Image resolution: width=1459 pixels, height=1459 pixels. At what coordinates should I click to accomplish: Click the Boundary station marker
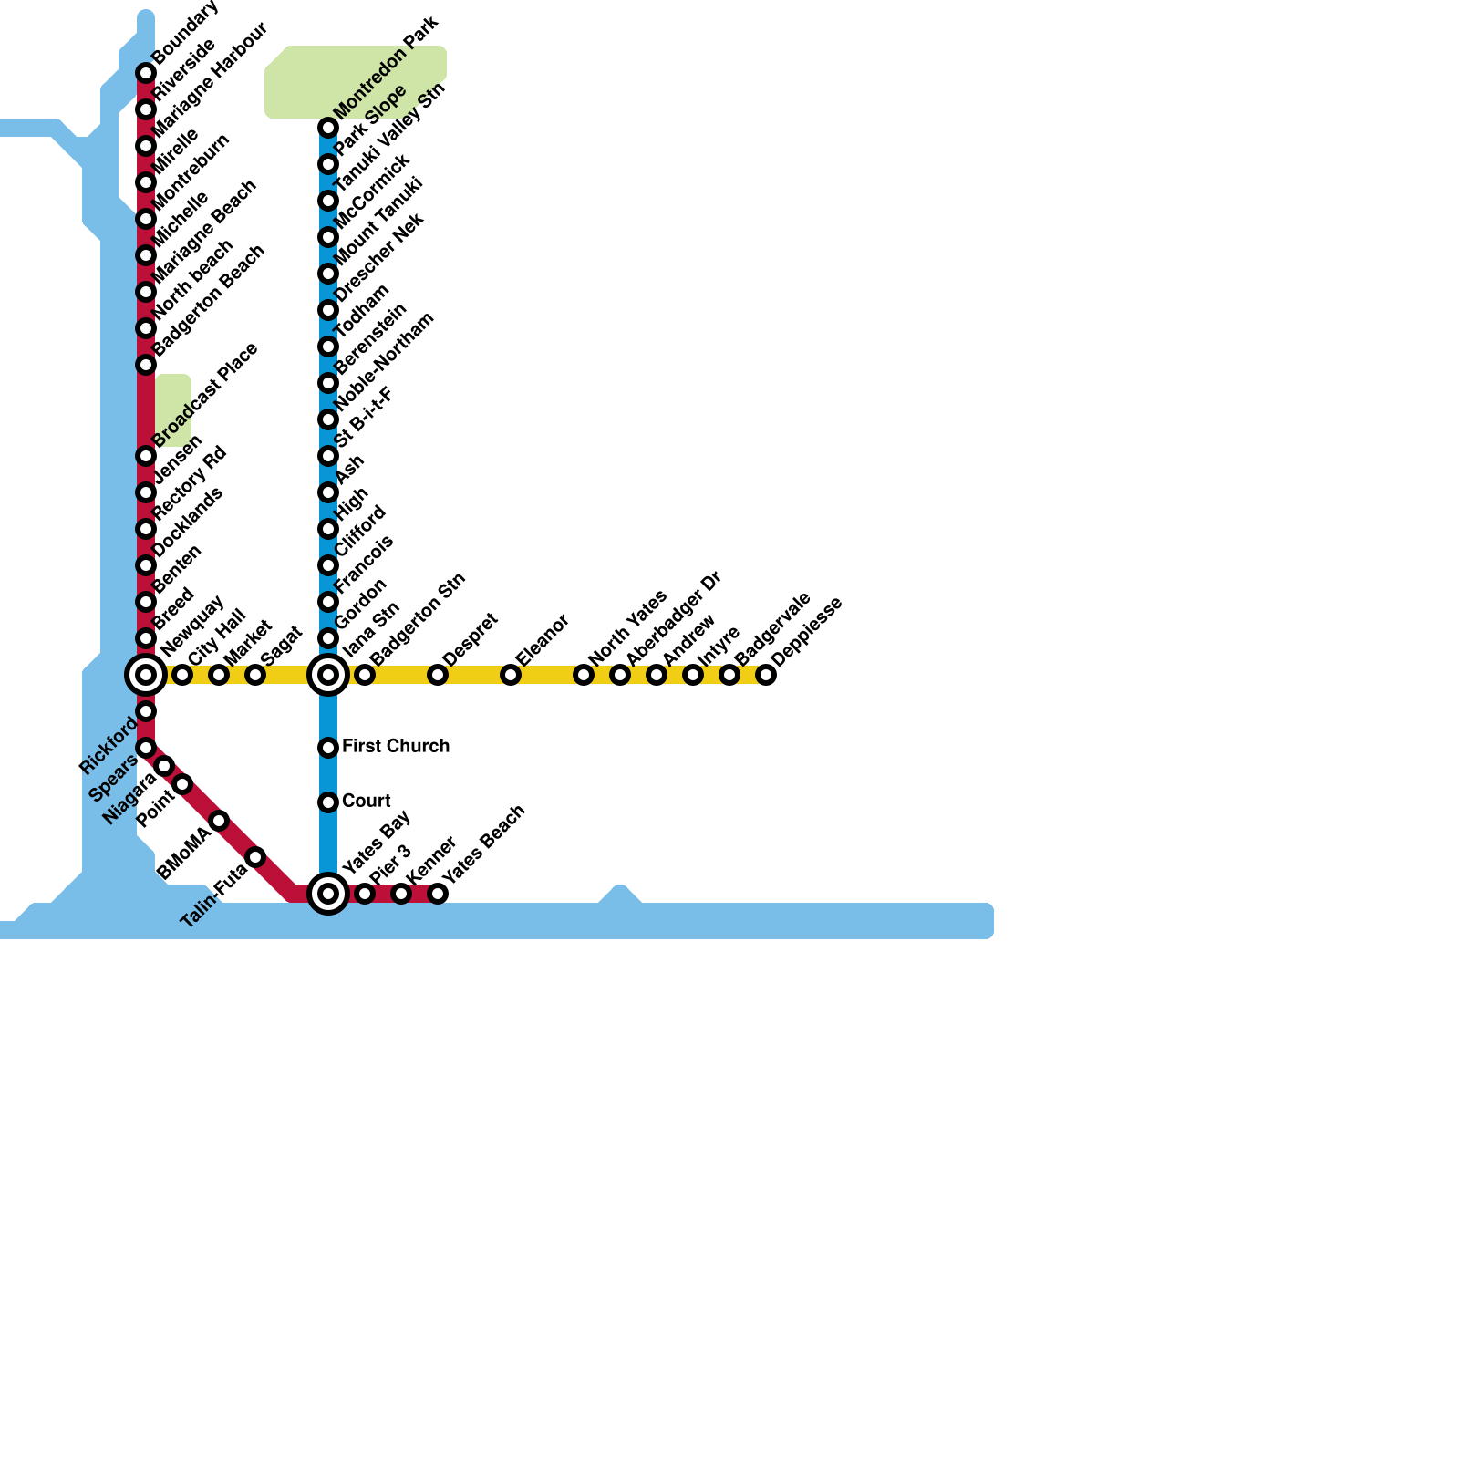tap(146, 73)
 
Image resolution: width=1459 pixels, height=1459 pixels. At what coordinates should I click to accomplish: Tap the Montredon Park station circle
tap(328, 128)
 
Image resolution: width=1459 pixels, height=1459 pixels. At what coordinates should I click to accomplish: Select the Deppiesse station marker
tap(766, 675)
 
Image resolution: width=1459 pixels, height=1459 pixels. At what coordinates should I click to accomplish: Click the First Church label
tap(395, 746)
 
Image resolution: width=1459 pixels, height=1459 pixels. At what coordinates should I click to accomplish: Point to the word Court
tap(366, 801)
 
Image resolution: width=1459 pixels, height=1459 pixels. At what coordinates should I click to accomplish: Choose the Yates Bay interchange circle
tap(328, 894)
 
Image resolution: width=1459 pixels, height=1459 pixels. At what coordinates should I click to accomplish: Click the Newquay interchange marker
tap(146, 675)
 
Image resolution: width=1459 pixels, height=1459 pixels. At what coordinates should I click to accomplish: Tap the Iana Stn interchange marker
tap(328, 675)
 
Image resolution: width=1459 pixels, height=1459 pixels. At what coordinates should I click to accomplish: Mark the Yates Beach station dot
tap(438, 894)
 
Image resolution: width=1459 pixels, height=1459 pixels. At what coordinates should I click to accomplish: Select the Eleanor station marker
tap(511, 675)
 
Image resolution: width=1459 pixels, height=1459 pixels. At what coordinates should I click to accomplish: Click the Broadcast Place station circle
tap(146, 456)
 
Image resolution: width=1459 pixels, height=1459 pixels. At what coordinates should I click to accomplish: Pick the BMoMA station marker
tap(219, 821)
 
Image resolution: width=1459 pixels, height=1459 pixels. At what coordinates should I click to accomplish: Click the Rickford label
tap(108, 746)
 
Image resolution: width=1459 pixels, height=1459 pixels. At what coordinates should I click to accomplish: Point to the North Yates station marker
tap(584, 675)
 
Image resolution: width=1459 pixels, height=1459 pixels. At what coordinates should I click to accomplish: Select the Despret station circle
tap(438, 675)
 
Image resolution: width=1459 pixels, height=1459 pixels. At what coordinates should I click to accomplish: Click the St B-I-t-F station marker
tap(328, 456)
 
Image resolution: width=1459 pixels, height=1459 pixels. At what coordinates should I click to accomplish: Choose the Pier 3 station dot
tap(365, 894)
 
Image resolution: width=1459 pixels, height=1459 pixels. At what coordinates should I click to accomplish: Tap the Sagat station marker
tap(255, 675)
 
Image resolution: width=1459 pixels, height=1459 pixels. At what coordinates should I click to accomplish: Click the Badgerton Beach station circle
tap(146, 365)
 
